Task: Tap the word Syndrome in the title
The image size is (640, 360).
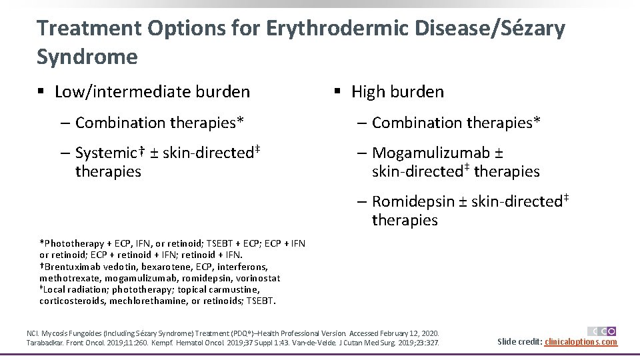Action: [87, 57]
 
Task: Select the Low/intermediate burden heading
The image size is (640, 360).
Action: [152, 92]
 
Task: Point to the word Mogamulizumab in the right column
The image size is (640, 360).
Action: [431, 153]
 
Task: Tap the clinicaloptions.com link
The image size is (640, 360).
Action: [581, 342]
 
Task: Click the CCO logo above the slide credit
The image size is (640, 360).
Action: [602, 331]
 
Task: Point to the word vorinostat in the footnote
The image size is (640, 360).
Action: [257, 278]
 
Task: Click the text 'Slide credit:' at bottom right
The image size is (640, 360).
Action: [520, 342]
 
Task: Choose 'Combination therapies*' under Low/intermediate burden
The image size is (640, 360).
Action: [159, 123]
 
